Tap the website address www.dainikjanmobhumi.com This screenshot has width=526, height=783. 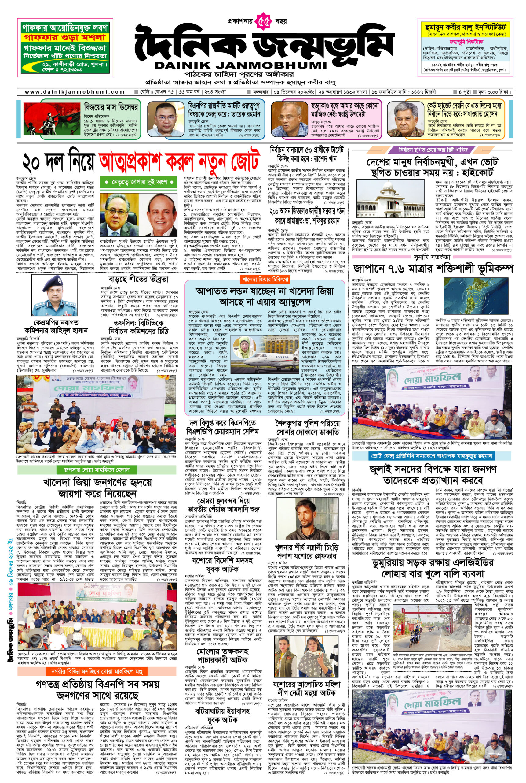pyautogui.click(x=75, y=92)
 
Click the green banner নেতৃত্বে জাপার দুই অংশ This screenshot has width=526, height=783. pyautogui.click(x=139, y=182)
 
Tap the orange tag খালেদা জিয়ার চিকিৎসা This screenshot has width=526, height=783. pyautogui.click(x=265, y=279)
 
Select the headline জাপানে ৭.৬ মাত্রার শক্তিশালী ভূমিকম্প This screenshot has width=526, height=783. pyautogui.click(x=433, y=269)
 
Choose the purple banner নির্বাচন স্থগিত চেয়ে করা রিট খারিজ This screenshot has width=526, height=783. pyautogui.click(x=433, y=150)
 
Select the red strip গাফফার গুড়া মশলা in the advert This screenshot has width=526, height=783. pyautogui.click(x=64, y=37)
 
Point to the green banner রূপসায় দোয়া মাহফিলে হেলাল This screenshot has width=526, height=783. pyautogui.click(x=97, y=469)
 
